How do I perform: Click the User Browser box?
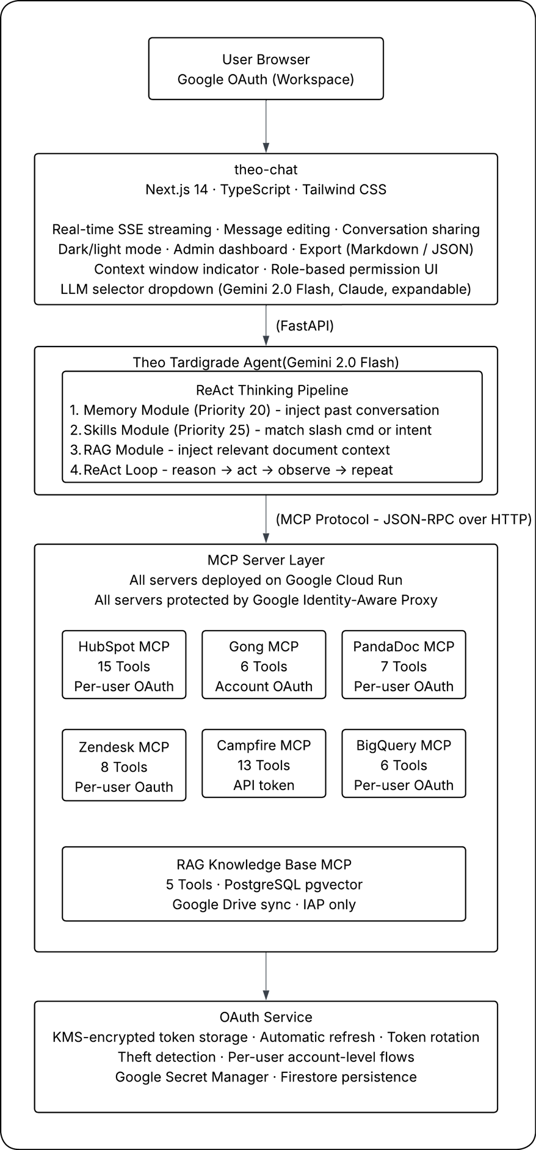(x=266, y=69)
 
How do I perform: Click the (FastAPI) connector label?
(x=305, y=326)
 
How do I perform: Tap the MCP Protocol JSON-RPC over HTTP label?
(x=404, y=520)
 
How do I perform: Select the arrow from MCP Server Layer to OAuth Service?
(x=266, y=976)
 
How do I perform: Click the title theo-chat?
(x=266, y=170)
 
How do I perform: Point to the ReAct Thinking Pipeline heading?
(x=272, y=390)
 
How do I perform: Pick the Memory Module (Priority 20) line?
(x=255, y=411)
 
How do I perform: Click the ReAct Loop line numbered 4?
(x=232, y=471)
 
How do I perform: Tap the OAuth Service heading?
(x=266, y=1017)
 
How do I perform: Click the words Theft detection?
(x=167, y=1057)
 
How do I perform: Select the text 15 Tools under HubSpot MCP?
(x=124, y=667)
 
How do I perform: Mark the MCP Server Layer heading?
(x=266, y=560)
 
